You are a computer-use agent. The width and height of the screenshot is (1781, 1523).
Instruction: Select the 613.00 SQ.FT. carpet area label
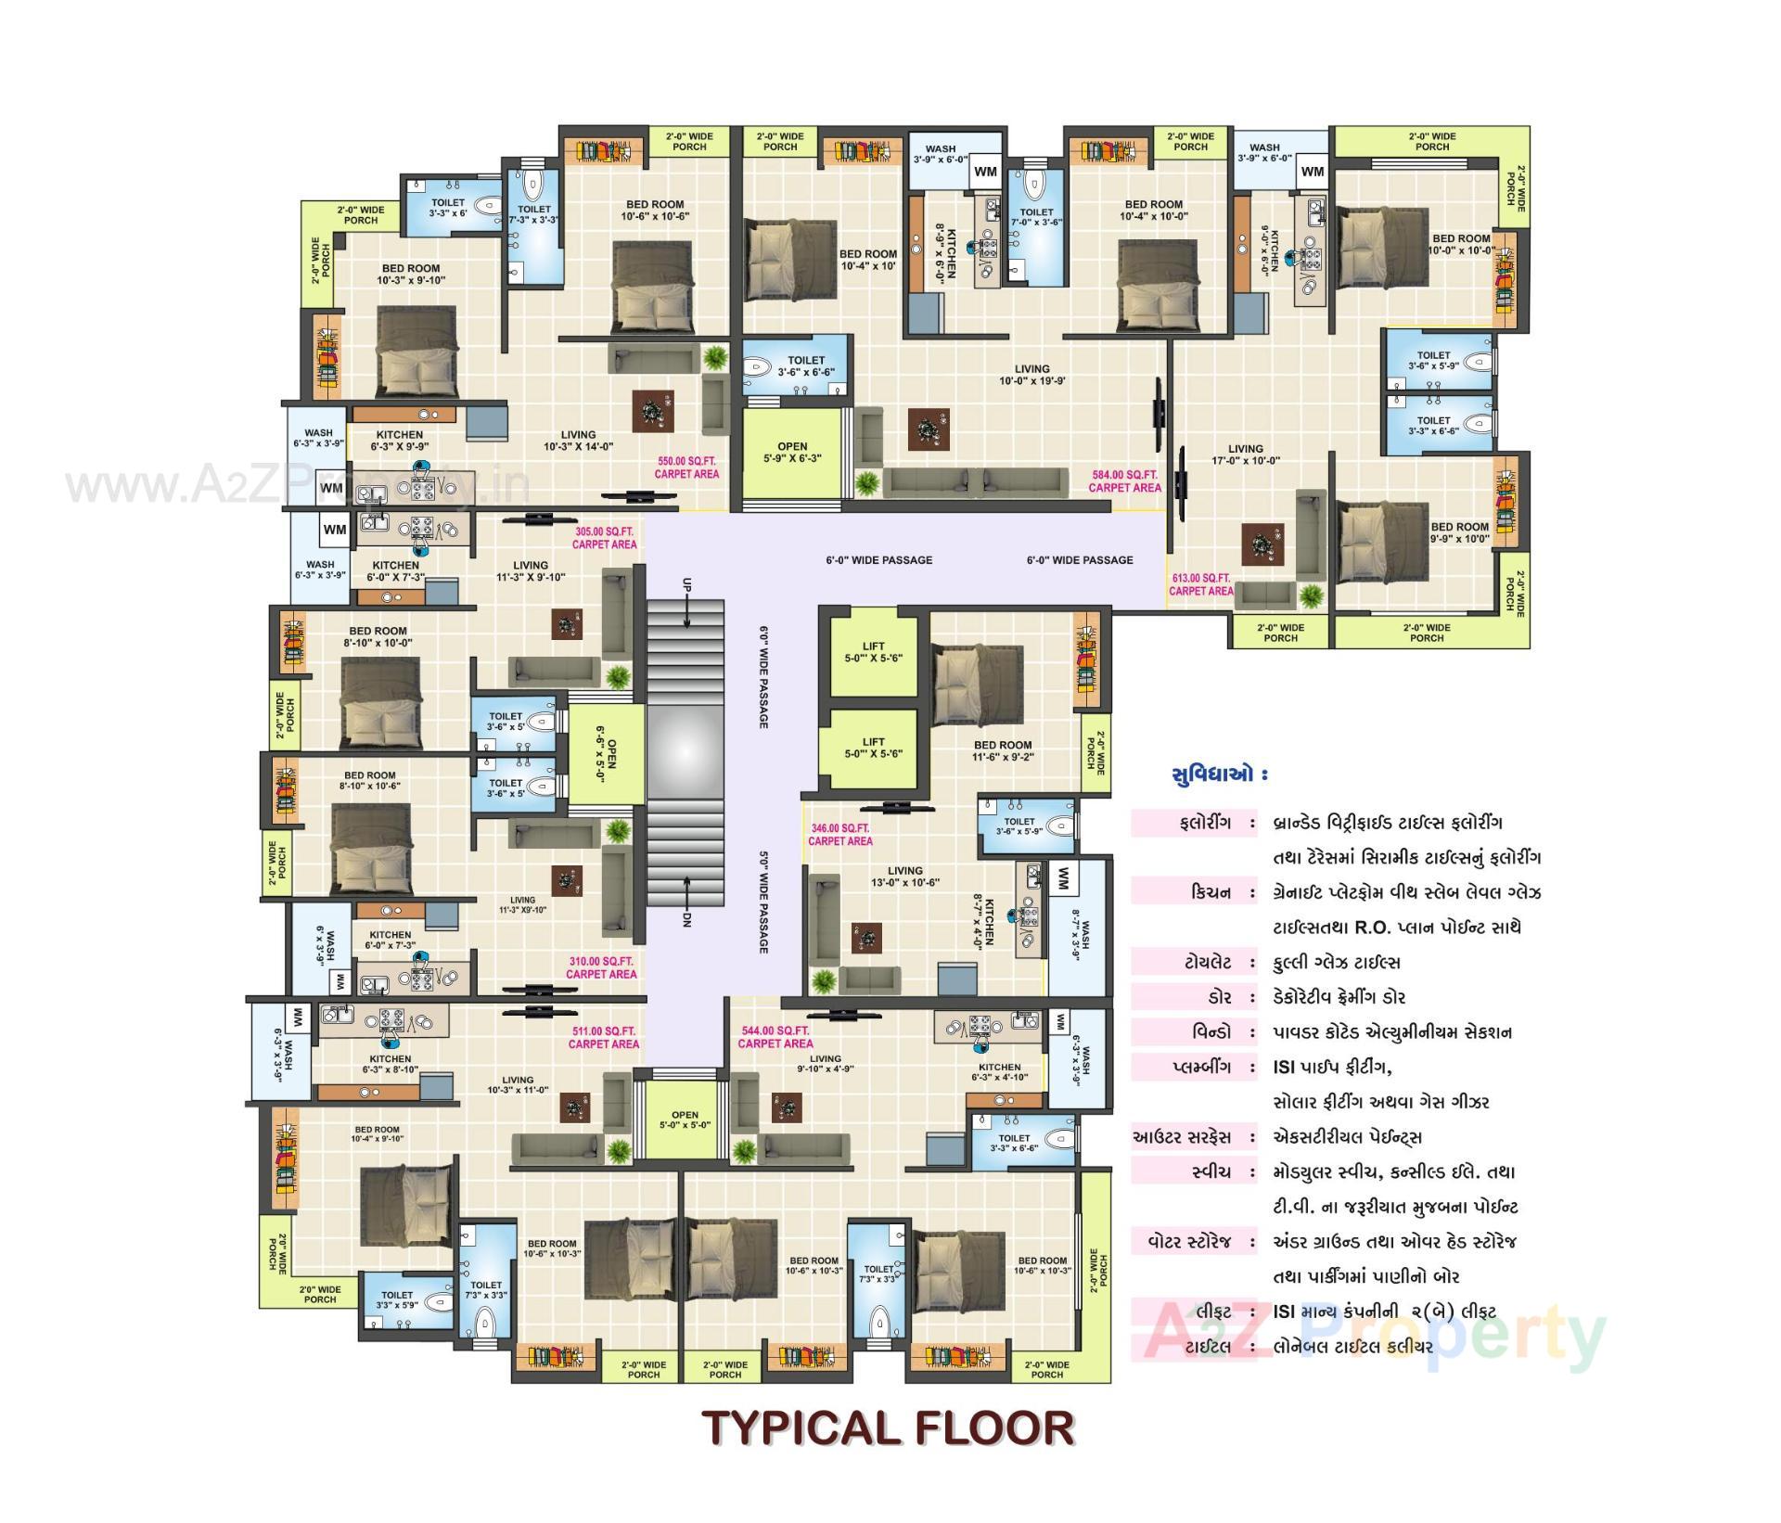tap(1201, 584)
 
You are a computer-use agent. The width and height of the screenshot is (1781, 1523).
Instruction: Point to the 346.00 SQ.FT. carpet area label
tap(839, 835)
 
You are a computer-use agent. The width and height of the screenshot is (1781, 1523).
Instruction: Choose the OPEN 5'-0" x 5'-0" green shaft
tap(685, 1120)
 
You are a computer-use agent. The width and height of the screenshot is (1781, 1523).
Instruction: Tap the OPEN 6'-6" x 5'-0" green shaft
tap(605, 754)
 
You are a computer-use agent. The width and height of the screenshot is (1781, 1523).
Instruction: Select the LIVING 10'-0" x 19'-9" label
tap(1031, 375)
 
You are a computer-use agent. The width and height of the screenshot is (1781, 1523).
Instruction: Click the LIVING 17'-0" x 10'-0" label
tap(1245, 454)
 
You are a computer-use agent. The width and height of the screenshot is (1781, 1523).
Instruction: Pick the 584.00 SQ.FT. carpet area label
tap(1124, 480)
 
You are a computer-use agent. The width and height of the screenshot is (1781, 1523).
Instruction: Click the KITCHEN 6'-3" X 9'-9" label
tap(400, 441)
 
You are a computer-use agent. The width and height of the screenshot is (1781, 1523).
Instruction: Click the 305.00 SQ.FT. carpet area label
tap(605, 538)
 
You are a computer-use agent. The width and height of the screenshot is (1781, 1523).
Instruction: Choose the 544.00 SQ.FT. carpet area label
tap(775, 1037)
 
